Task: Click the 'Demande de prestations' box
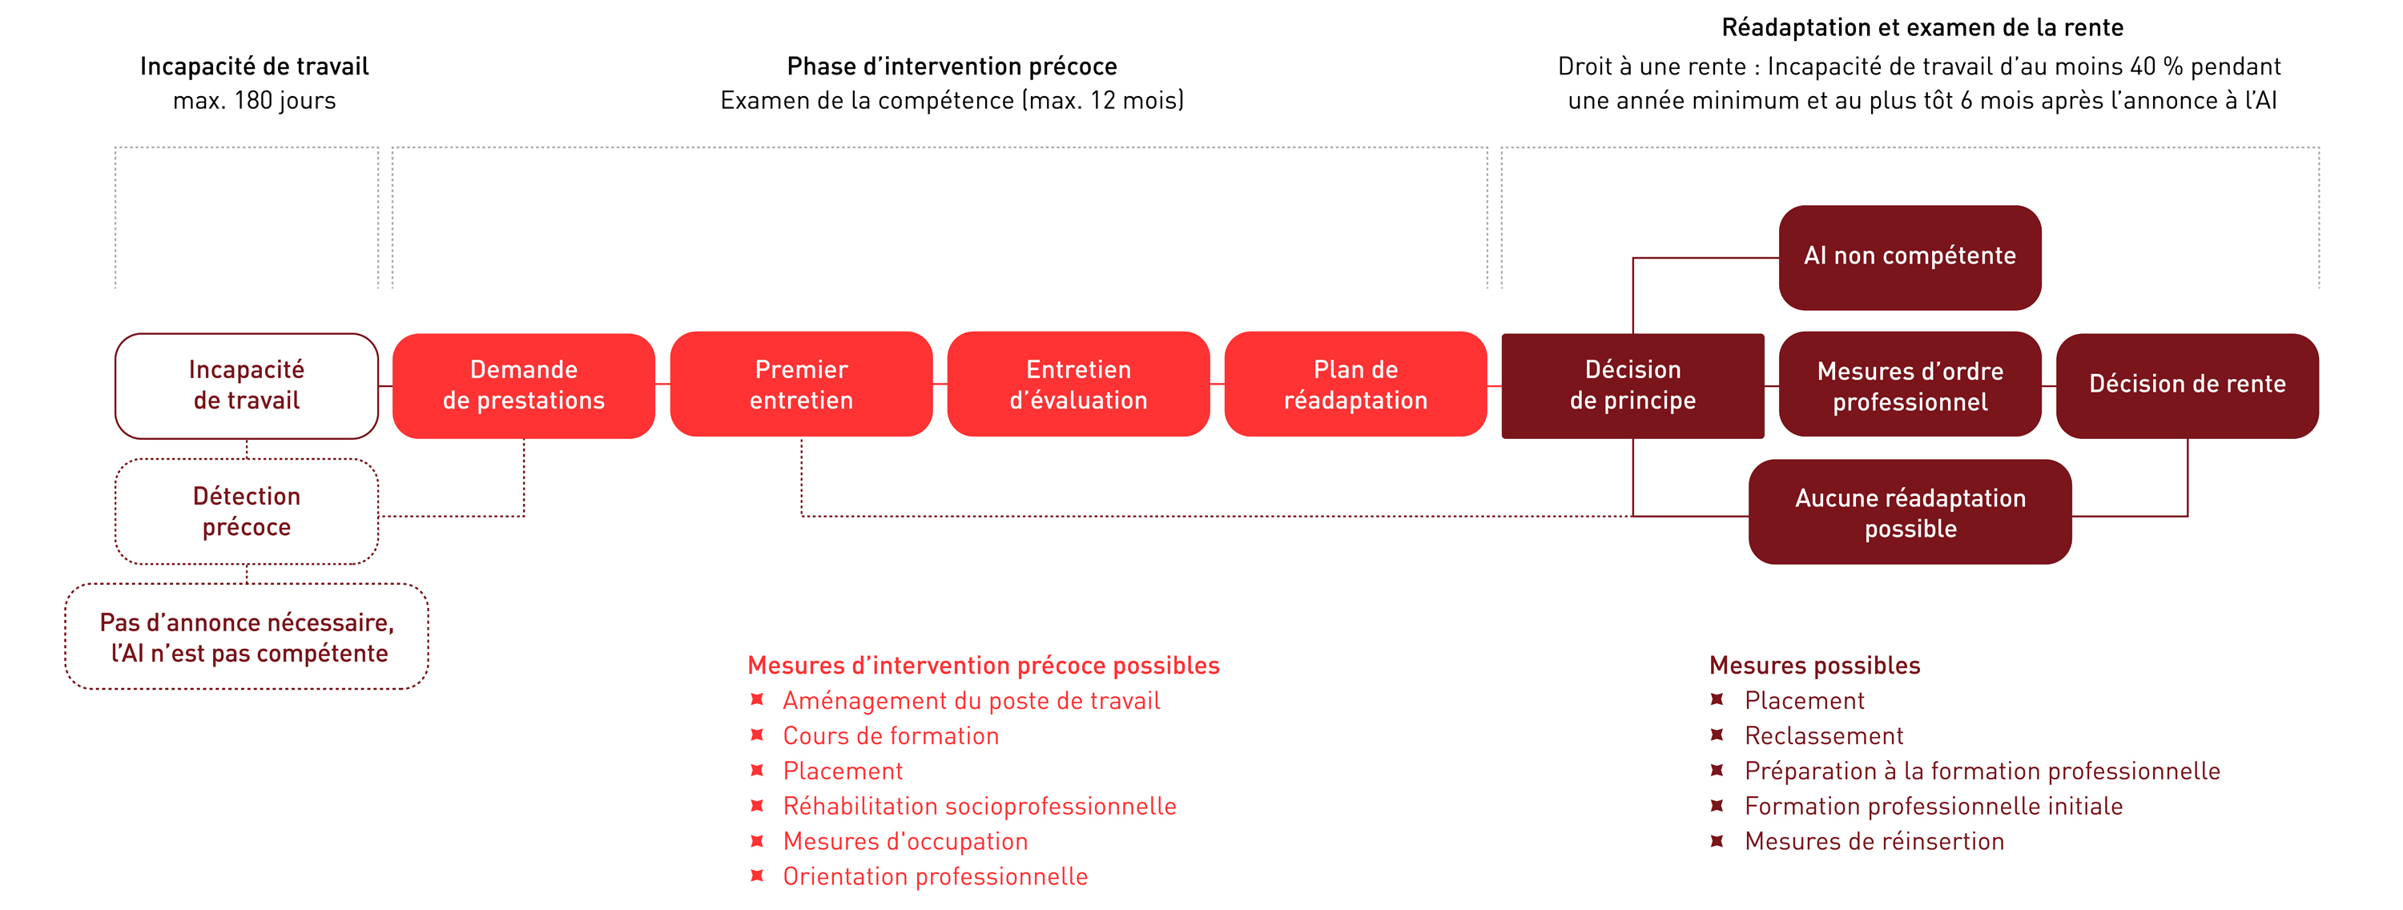point(523,385)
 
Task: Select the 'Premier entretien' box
point(801,385)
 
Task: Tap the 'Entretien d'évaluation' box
point(1078,385)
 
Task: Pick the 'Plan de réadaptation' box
point(1355,385)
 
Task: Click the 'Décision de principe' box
point(1632,385)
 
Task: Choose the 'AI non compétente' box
point(1910,258)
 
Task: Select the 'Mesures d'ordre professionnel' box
point(1910,385)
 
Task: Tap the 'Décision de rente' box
point(2188,385)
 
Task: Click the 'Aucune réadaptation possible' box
point(1910,511)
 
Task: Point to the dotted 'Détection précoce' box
point(246,511)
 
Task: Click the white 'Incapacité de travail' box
point(246,385)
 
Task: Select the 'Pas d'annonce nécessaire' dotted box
point(246,637)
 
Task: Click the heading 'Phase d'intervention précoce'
point(952,66)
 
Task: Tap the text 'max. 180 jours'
point(254,101)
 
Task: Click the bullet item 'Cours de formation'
point(891,736)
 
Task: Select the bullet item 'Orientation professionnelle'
point(935,876)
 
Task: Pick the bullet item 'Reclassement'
point(1824,736)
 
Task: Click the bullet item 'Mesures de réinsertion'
point(1874,842)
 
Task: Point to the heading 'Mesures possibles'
point(1814,666)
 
